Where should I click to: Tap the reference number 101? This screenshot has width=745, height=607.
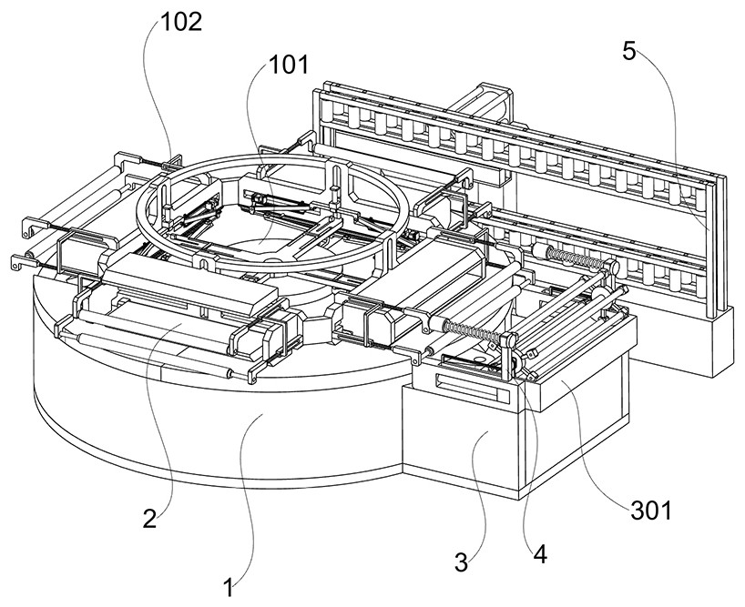tap(288, 65)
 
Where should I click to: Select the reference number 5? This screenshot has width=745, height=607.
tap(629, 51)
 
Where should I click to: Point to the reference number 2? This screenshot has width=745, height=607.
tap(148, 520)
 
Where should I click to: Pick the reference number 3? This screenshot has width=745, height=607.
tap(462, 561)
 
